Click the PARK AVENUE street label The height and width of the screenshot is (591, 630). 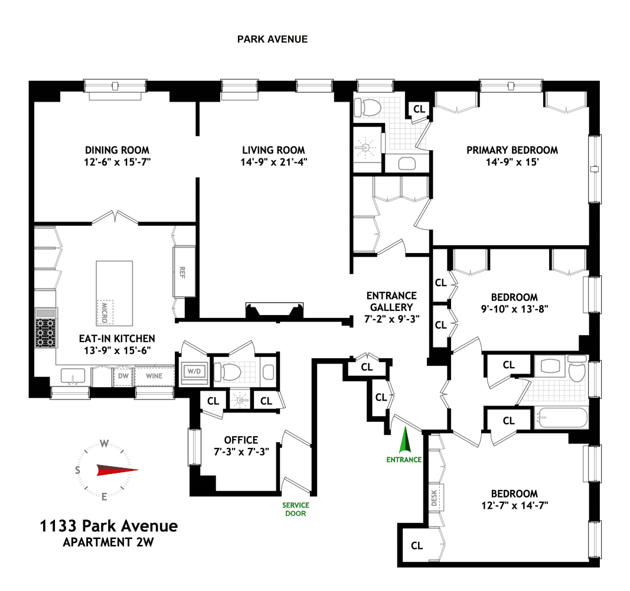coord(272,39)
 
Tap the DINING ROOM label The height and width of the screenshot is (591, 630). coord(117,150)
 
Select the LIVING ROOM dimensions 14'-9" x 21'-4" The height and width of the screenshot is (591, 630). coord(273,162)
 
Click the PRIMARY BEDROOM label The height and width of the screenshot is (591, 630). coord(512,150)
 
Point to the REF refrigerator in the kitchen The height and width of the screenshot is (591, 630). coord(184,271)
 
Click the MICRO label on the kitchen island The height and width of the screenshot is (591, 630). coord(105,313)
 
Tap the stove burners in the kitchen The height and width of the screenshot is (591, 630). coord(45,333)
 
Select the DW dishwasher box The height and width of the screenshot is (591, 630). coord(123,376)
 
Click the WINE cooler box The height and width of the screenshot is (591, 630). coord(154,376)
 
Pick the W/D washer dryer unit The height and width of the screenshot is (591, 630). coord(194,371)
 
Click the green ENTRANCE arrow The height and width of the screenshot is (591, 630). coord(405,440)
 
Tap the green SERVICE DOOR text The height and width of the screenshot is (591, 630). coord(296,509)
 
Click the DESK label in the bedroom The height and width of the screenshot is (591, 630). coord(435,498)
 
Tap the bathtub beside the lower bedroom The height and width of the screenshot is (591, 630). coord(561,417)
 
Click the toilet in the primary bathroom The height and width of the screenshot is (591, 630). coord(367,108)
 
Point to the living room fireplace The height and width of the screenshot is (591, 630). coord(275,311)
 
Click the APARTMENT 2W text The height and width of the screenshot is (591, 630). coord(109,542)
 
